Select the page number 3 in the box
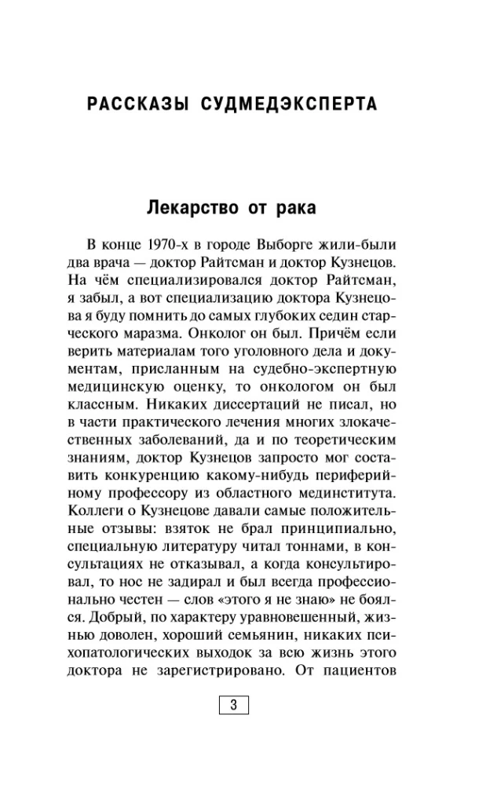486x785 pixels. (x=233, y=704)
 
